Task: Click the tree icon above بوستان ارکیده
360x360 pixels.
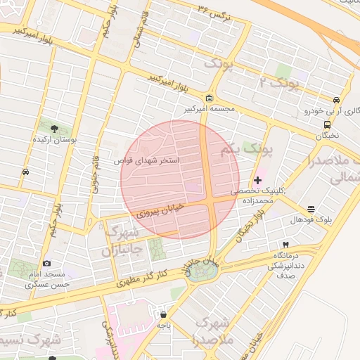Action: pyautogui.click(x=55, y=127)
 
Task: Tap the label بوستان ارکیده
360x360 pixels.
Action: pyautogui.click(x=55, y=140)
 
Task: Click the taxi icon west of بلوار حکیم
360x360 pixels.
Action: pyautogui.click(x=26, y=171)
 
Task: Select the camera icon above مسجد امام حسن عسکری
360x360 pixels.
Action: pyautogui.click(x=47, y=262)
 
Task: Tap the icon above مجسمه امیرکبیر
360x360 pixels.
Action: pyautogui.click(x=210, y=98)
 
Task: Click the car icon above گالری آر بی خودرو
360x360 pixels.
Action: pyautogui.click(x=336, y=99)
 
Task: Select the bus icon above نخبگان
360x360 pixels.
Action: pyautogui.click(x=327, y=124)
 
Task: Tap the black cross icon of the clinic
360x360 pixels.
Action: pyautogui.click(x=257, y=181)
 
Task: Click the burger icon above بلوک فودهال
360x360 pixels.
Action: pyautogui.click(x=311, y=208)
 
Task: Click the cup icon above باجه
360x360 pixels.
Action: pyautogui.click(x=164, y=314)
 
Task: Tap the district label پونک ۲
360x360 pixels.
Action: pyautogui.click(x=280, y=83)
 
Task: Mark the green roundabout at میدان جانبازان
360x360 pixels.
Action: pyautogui.click(x=198, y=273)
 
